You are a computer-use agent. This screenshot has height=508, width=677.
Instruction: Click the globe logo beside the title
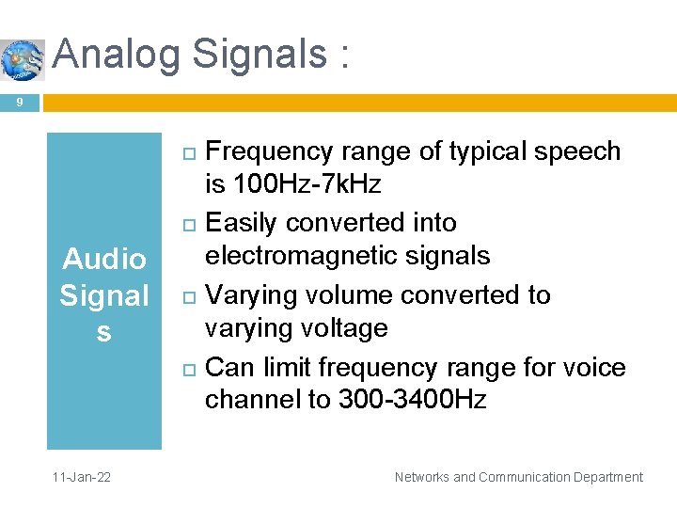(22, 59)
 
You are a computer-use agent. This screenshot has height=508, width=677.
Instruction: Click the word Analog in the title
(116, 55)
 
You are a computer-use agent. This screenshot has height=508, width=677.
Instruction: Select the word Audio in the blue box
(103, 259)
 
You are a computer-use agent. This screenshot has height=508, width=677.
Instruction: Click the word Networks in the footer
(422, 478)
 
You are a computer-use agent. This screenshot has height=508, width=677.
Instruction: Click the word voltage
(343, 328)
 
